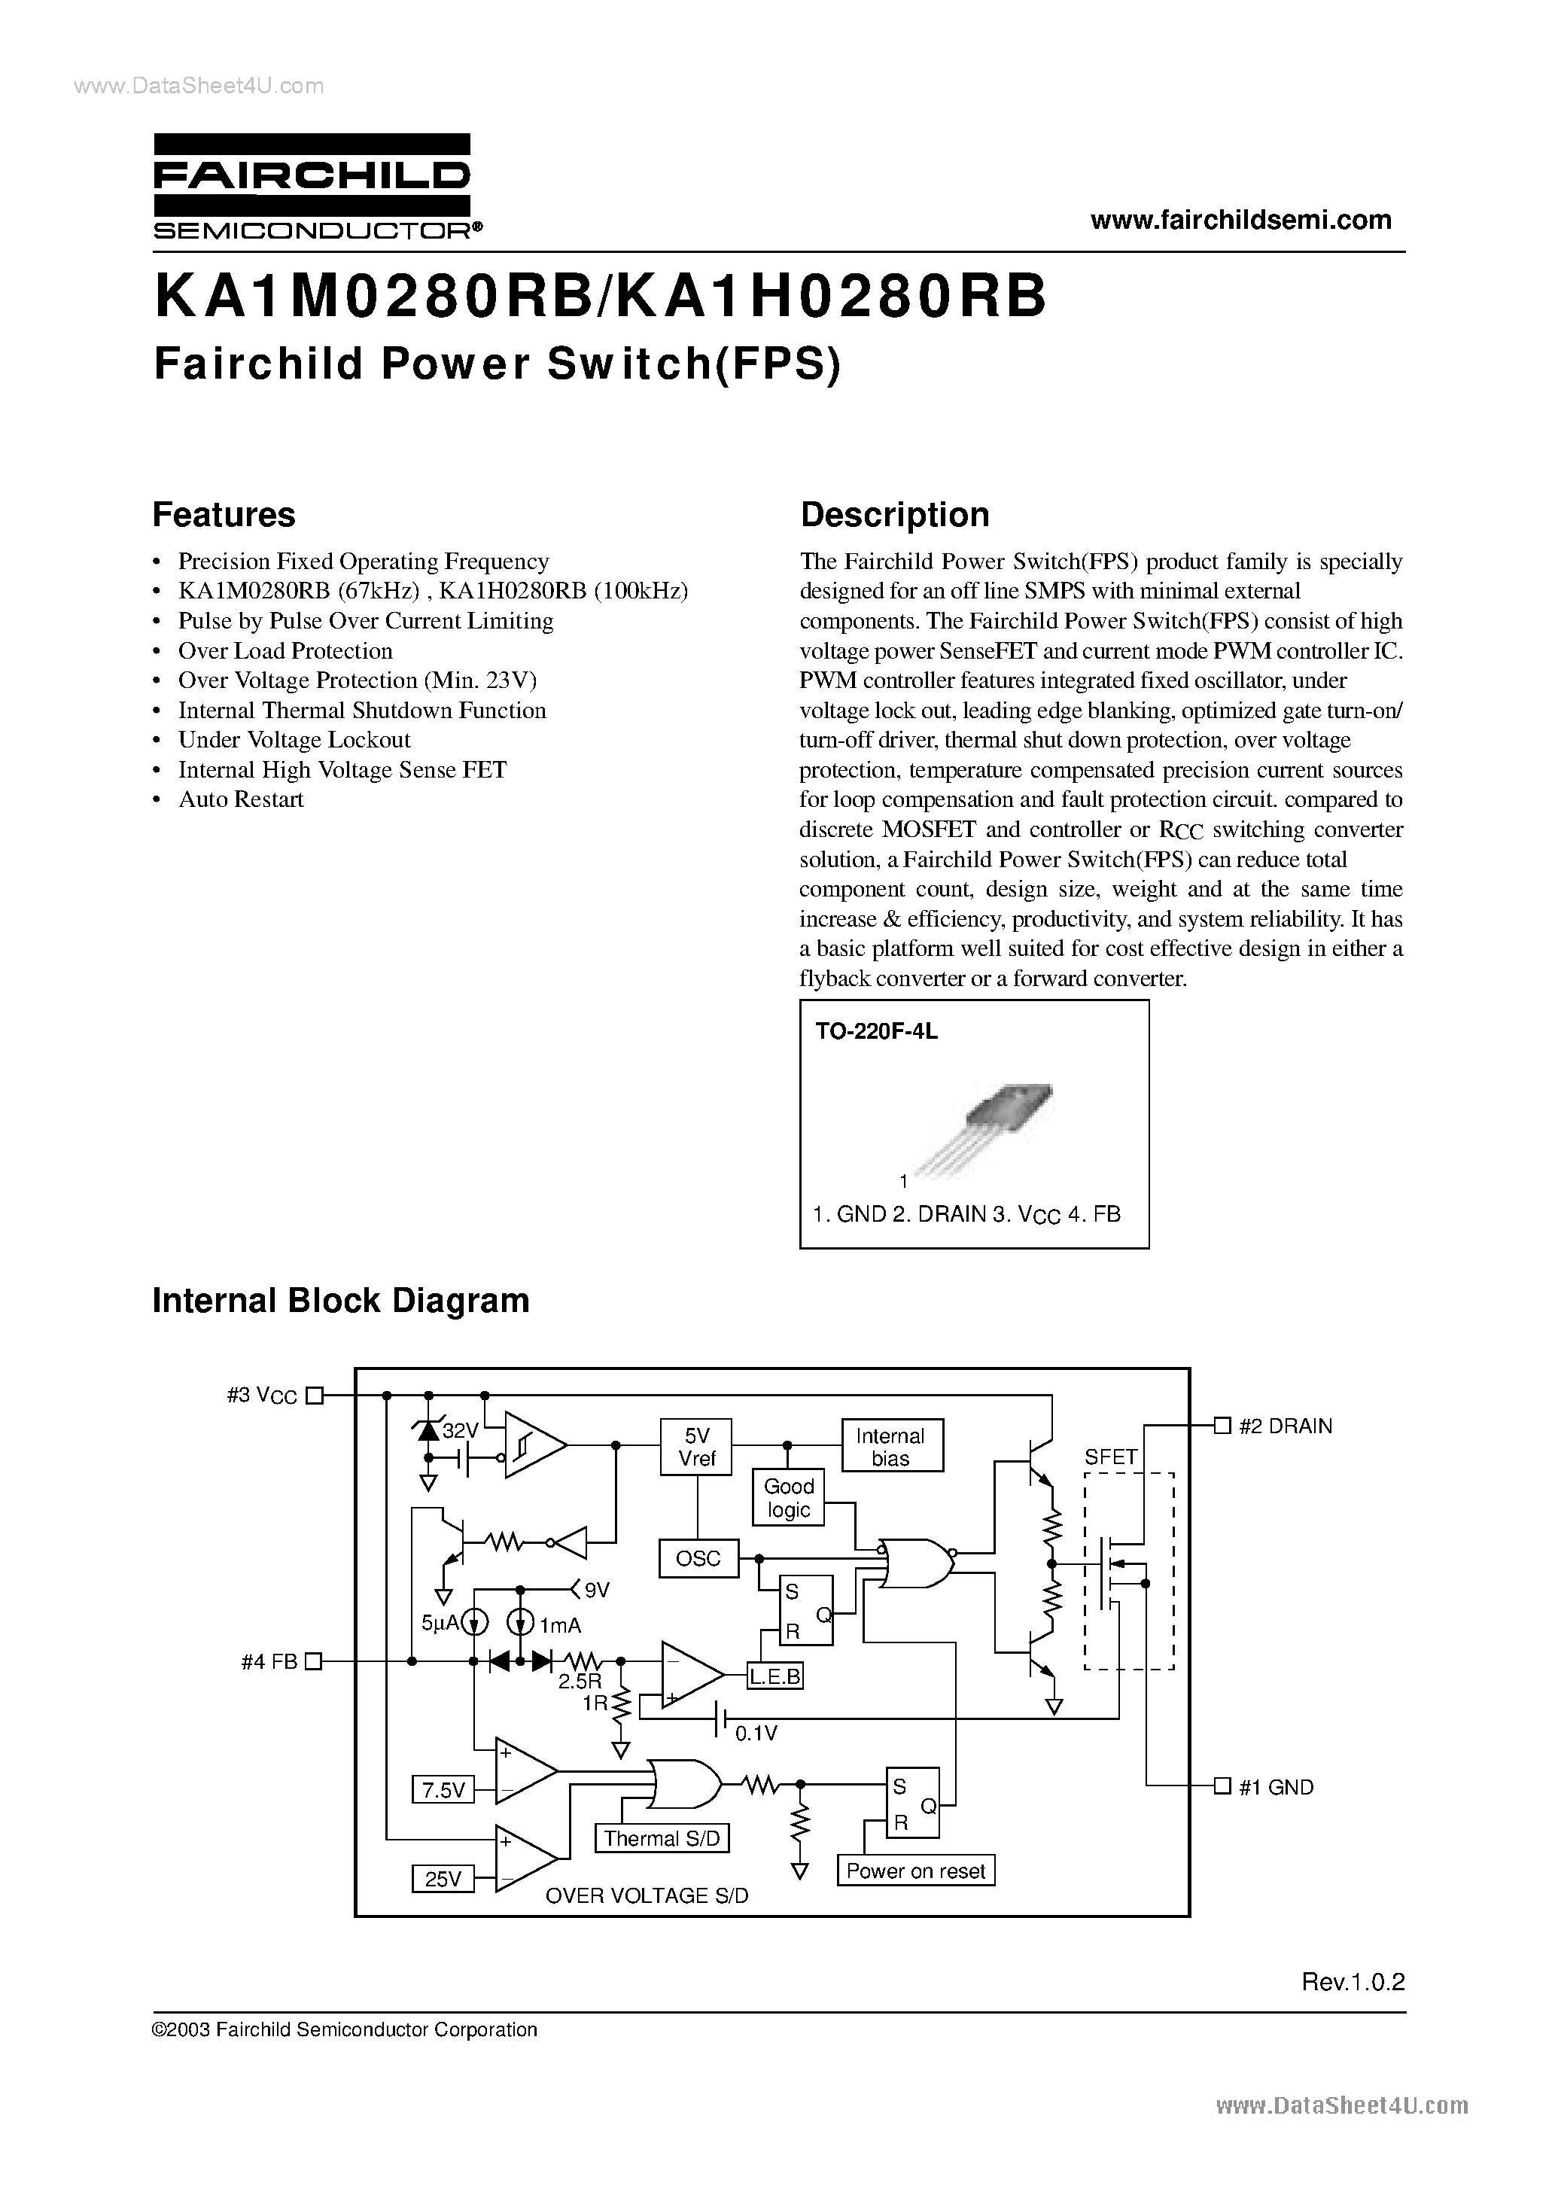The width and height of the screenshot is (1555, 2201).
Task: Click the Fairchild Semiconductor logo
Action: click(312, 186)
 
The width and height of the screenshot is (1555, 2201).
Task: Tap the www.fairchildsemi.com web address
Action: click(1240, 220)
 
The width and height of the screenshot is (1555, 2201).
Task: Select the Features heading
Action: click(224, 515)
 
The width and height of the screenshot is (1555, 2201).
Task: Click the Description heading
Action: click(894, 515)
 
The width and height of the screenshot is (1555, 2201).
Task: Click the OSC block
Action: click(697, 1557)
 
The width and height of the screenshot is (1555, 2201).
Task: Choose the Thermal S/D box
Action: click(662, 1837)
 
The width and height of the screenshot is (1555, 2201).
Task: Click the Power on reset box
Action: click(915, 1871)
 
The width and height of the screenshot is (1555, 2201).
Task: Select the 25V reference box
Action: click(443, 1879)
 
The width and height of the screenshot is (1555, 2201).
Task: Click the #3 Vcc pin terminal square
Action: click(314, 1396)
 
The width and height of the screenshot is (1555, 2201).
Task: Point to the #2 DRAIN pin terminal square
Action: click(1222, 1426)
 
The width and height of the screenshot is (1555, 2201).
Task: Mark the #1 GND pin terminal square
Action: click(1222, 1786)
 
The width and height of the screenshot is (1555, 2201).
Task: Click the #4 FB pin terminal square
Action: click(314, 1661)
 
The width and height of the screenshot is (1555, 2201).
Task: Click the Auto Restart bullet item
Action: click(241, 799)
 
